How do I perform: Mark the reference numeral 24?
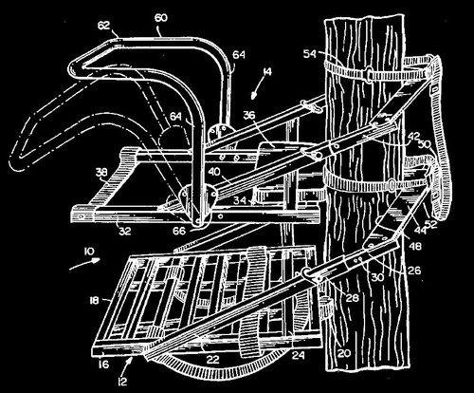[273, 356]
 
